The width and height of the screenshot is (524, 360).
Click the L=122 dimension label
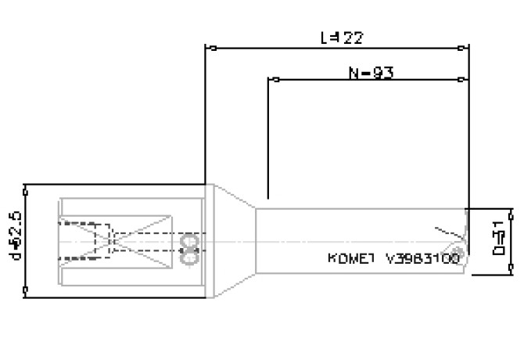coord(343,38)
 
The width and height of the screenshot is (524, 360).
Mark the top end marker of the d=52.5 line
coord(26,185)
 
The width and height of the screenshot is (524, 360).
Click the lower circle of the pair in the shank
coord(188,254)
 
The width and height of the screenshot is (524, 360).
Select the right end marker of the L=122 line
coord(469,48)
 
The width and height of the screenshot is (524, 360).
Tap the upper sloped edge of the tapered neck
coord(235,196)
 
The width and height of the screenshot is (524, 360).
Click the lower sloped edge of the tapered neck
coord(235,286)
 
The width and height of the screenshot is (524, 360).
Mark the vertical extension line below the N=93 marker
coord(268,141)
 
